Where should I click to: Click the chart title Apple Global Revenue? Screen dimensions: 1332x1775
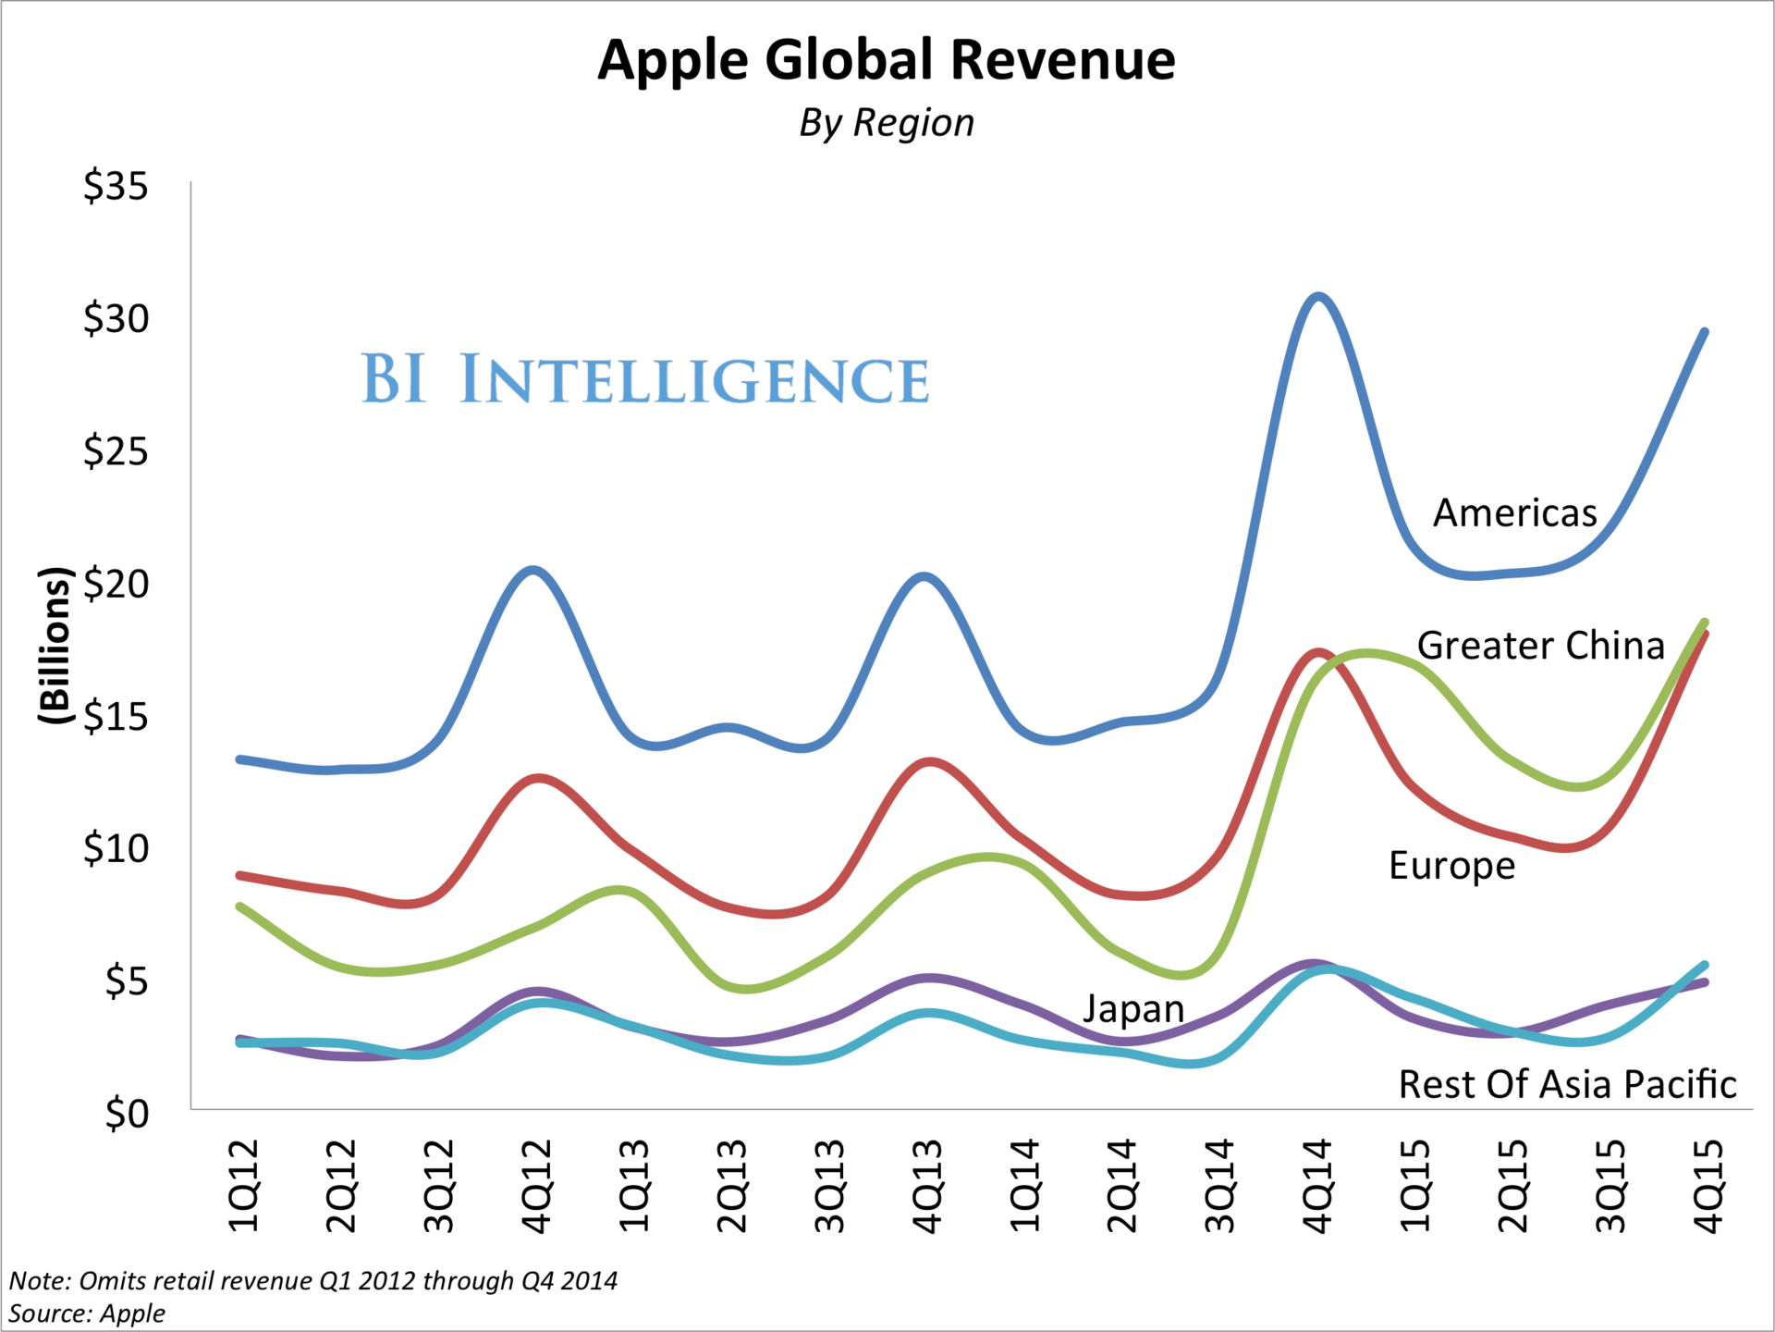pos(886,61)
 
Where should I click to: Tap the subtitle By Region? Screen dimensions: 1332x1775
pos(886,123)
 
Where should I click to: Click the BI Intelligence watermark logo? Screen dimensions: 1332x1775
pos(644,379)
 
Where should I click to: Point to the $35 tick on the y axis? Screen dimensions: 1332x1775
pos(116,187)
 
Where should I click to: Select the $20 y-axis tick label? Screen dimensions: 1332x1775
pos(116,585)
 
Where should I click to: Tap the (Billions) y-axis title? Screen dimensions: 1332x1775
pos(55,645)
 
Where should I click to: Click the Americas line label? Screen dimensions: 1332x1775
pos(1514,513)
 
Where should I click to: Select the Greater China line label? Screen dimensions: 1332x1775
pos(1540,646)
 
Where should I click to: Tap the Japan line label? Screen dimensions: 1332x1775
pos(1133,1009)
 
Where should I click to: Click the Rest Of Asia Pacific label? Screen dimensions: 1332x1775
pos(1567,1085)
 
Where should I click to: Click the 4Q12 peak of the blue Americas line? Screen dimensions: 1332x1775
pos(534,570)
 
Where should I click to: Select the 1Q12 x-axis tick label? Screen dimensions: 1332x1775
pos(243,1186)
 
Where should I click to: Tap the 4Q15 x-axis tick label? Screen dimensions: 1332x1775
pos(1708,1186)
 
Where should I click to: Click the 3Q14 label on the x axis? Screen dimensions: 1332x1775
pos(1219,1186)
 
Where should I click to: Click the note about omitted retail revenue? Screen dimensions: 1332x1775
pos(312,1281)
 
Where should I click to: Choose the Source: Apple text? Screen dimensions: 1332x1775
pos(87,1313)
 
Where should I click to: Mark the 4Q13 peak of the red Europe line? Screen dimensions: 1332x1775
pos(929,762)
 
